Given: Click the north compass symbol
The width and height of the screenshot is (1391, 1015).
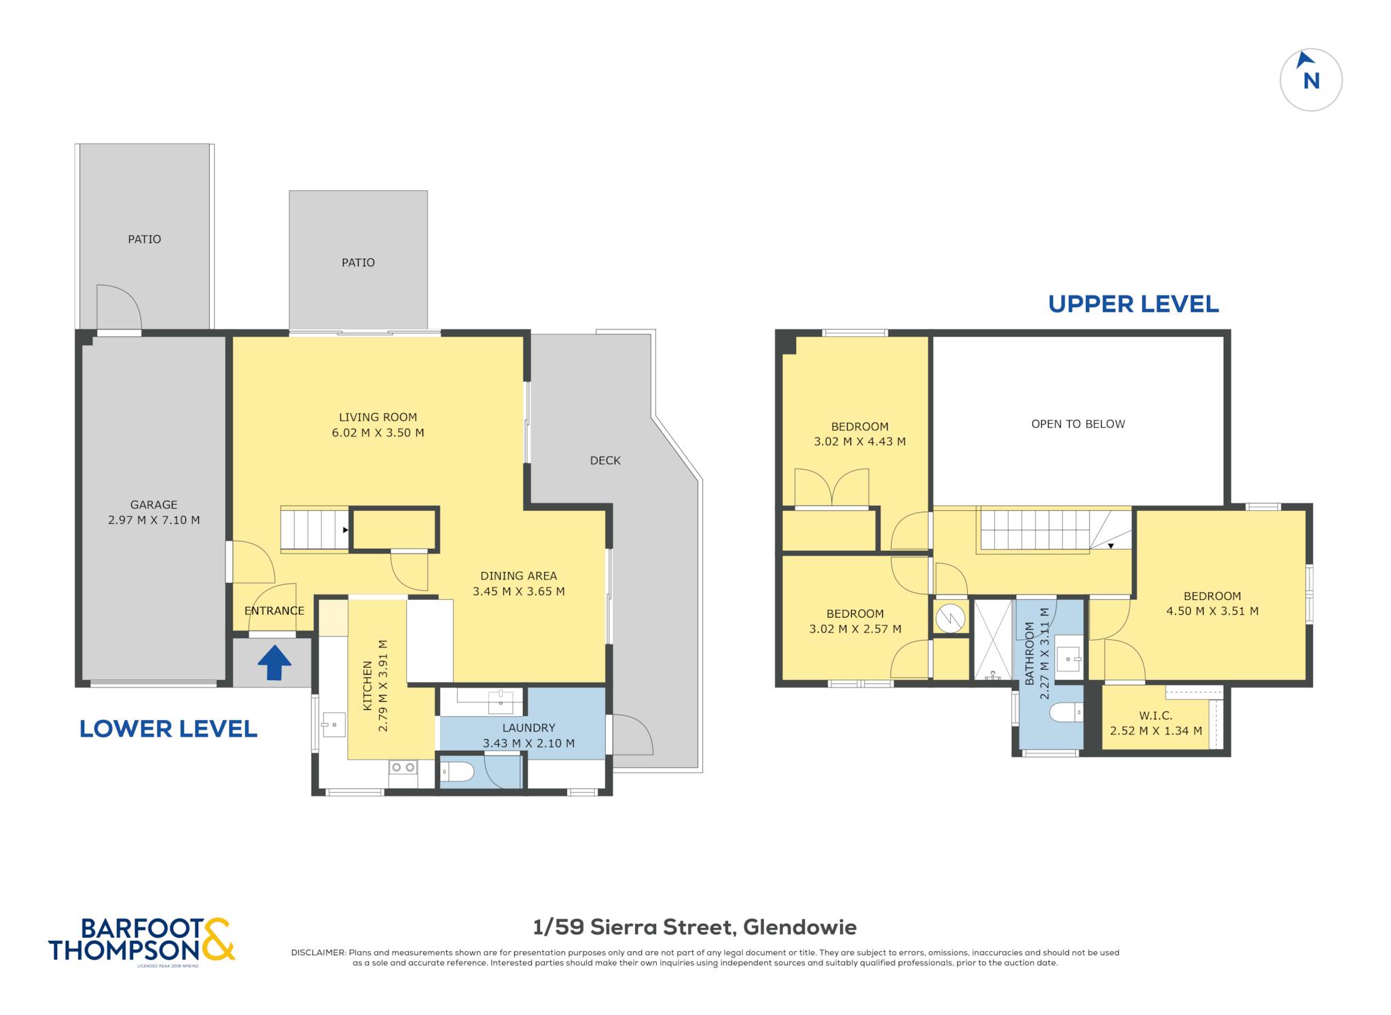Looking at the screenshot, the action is (x=1311, y=79).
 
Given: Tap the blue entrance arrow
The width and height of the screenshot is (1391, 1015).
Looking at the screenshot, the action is (x=274, y=662).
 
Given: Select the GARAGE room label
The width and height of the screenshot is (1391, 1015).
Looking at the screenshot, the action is (x=154, y=505).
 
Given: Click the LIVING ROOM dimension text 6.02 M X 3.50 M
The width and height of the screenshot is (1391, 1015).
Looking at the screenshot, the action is (x=378, y=433).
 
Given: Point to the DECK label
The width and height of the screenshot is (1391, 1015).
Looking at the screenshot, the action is (x=605, y=461).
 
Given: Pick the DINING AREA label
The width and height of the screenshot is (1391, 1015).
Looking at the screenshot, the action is (x=519, y=576).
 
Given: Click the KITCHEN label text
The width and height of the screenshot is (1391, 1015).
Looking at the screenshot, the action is (x=367, y=686).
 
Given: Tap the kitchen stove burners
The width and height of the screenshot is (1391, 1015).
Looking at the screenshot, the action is (x=403, y=767).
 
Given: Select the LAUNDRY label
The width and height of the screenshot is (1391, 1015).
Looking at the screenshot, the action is (x=529, y=728).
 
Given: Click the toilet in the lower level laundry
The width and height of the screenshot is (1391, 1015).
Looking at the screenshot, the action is (x=456, y=772).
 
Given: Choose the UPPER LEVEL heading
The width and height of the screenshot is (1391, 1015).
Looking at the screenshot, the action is (x=1134, y=304).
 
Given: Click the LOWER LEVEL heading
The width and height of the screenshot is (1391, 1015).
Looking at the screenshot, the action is (x=168, y=729).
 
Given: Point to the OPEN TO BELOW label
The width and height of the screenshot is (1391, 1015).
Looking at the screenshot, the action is (x=1078, y=424).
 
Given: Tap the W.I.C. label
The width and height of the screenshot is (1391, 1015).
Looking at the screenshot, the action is (x=1155, y=715).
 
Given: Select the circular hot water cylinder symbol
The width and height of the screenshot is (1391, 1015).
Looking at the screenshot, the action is (x=950, y=618).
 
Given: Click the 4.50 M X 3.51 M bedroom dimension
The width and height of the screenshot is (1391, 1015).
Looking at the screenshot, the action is (x=1212, y=611).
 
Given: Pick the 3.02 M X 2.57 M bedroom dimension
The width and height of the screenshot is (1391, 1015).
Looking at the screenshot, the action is (x=855, y=629).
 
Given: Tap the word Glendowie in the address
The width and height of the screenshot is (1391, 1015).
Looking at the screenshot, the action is (x=800, y=927).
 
